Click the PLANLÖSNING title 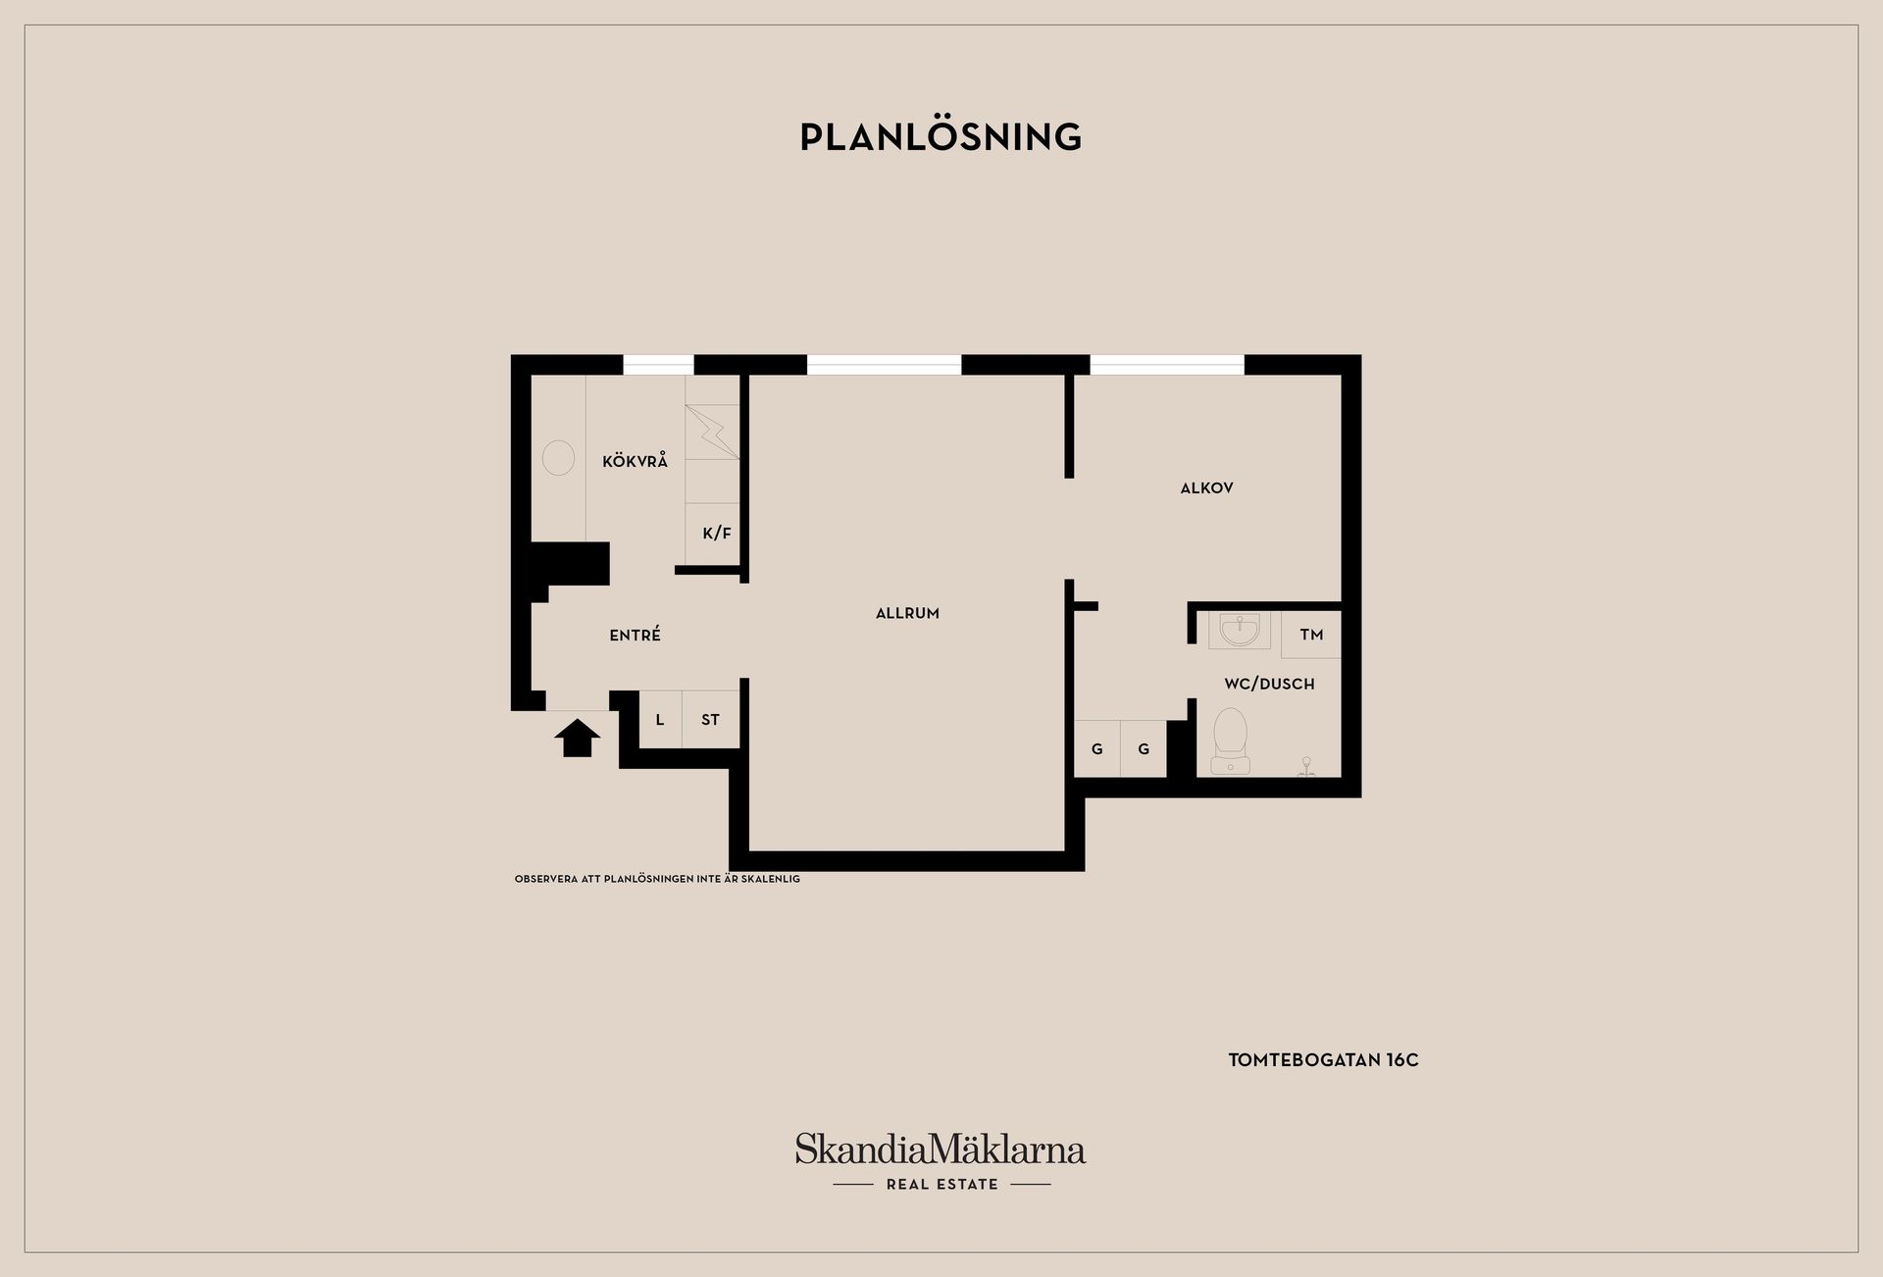(941, 137)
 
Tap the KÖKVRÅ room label (635, 461)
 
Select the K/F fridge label (717, 534)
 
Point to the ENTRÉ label (635, 635)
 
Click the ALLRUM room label (907, 613)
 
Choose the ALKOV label (1206, 487)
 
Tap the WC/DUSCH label (1269, 684)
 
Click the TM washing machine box (1311, 635)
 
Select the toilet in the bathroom (1230, 741)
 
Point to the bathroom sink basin (1240, 630)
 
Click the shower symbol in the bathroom (1306, 766)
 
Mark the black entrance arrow (578, 738)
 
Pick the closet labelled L (660, 720)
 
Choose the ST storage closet (711, 720)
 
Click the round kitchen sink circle (558, 458)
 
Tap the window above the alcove (1167, 365)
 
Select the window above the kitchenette (658, 365)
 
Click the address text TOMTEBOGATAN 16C (1323, 1060)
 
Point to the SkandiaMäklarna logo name (941, 1149)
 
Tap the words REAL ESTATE (941, 1185)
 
